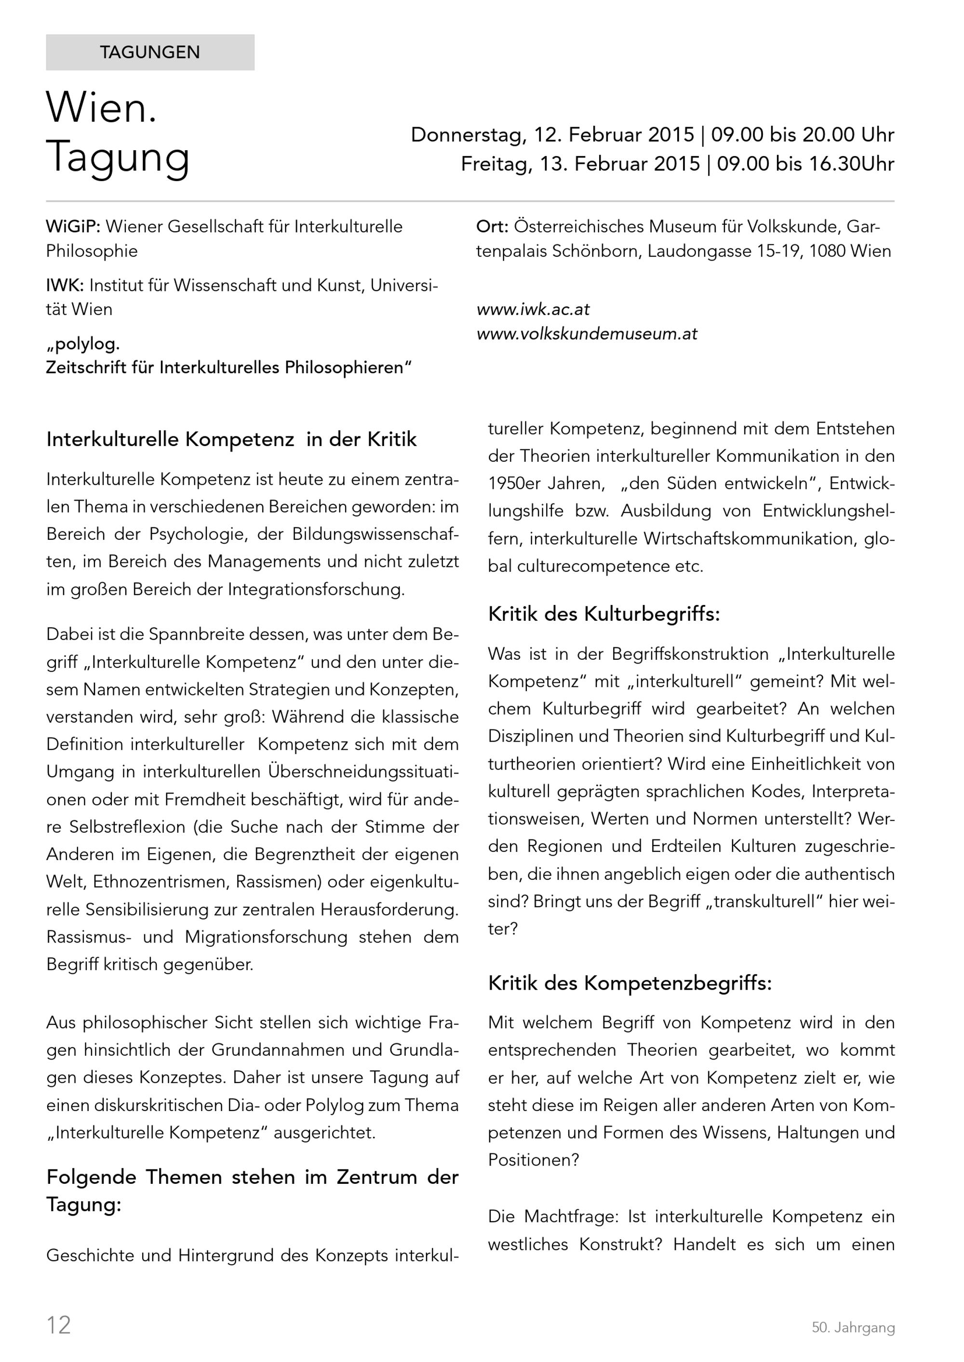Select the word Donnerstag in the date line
467,135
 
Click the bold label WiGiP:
73,227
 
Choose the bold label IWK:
65,285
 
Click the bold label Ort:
492,227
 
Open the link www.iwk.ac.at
533,309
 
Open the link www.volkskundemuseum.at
587,333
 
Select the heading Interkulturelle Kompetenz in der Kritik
231,440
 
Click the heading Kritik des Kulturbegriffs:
603,614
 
